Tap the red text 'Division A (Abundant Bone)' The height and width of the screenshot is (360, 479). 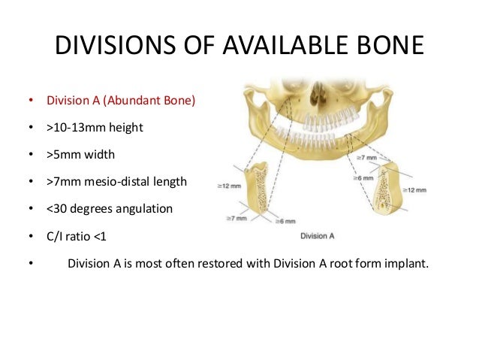point(121,100)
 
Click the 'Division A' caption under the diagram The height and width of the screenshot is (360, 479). point(316,235)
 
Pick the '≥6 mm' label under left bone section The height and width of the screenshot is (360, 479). point(285,222)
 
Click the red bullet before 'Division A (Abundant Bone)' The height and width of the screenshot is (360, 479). point(31,101)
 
